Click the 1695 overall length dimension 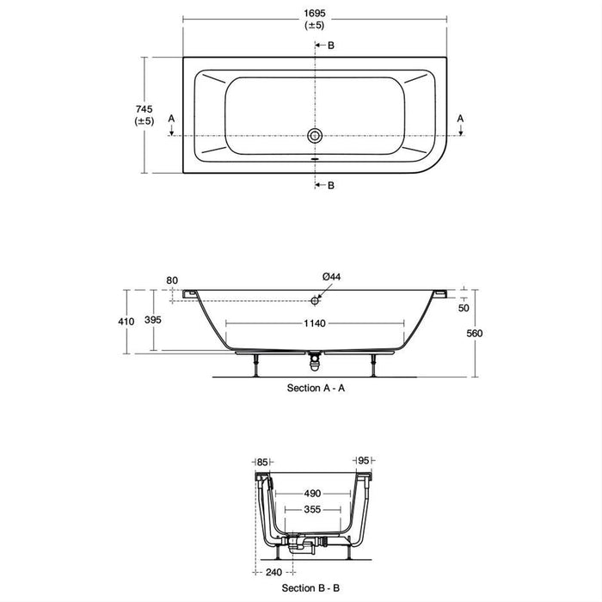point(314,13)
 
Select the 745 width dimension point(144,108)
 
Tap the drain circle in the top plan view point(315,136)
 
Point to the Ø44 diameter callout point(332,276)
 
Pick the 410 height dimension point(126,321)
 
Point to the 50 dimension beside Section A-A point(465,307)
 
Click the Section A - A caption point(316,388)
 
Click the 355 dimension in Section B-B point(312,509)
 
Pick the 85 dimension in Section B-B point(262,462)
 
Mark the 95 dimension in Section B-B point(365,462)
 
